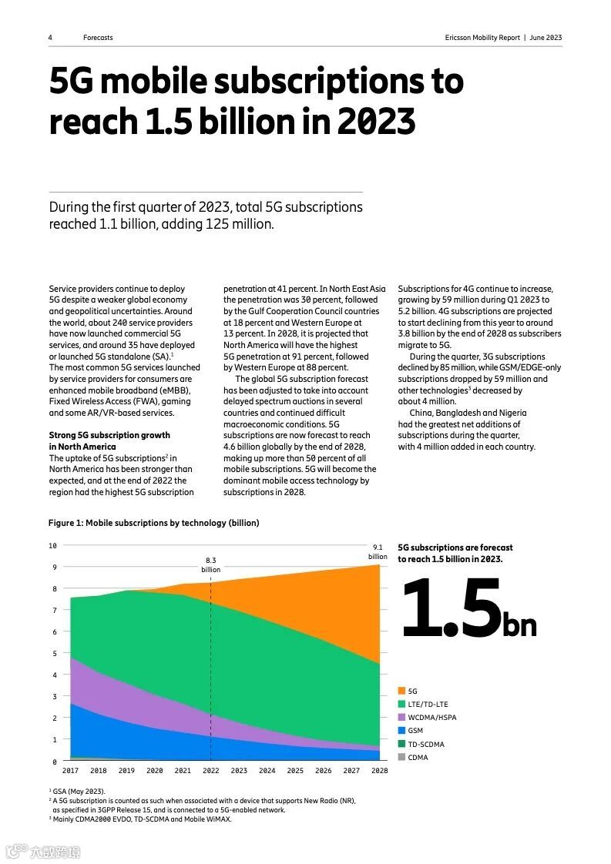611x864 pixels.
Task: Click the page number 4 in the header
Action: pyautogui.click(x=51, y=38)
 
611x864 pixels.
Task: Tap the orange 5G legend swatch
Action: pyautogui.click(x=401, y=692)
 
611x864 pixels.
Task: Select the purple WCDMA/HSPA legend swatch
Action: pyautogui.click(x=401, y=718)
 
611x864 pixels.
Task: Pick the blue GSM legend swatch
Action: pyautogui.click(x=401, y=731)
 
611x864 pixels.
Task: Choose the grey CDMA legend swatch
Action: pyautogui.click(x=401, y=757)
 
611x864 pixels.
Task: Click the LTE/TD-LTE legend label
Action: pyautogui.click(x=428, y=705)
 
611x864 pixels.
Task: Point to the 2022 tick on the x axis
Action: pyautogui.click(x=211, y=771)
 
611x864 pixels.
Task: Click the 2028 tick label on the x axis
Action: pyautogui.click(x=379, y=771)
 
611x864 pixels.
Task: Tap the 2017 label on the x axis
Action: pyautogui.click(x=70, y=771)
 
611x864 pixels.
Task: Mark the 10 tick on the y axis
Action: pyautogui.click(x=53, y=546)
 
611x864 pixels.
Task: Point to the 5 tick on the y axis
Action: pyautogui.click(x=55, y=654)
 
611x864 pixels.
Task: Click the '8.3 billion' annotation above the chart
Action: pyautogui.click(x=211, y=565)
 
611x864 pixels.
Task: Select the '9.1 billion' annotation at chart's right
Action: pyautogui.click(x=378, y=551)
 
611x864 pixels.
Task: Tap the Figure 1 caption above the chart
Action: pyautogui.click(x=154, y=523)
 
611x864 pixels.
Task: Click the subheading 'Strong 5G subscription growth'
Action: pyautogui.click(x=109, y=435)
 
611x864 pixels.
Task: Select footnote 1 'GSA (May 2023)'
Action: pyautogui.click(x=79, y=792)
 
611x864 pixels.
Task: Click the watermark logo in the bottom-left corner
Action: pyautogui.click(x=43, y=852)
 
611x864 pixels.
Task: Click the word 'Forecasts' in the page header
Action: pyautogui.click(x=98, y=38)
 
